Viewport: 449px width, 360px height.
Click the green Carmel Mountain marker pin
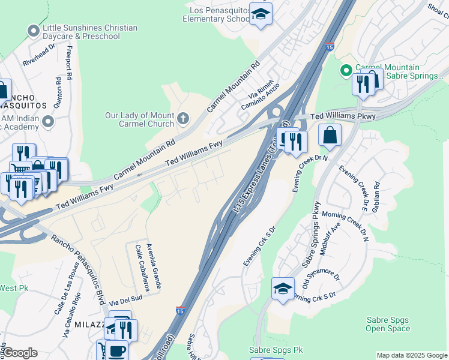point(346,71)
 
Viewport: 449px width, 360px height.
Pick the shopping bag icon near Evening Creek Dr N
point(330,136)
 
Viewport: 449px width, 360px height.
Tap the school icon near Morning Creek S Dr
point(283,289)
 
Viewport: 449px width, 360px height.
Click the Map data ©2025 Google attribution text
point(411,355)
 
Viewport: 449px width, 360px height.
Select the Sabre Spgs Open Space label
point(388,324)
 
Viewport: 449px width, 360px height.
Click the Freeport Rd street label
point(70,63)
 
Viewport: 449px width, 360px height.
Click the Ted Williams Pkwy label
point(339,115)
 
